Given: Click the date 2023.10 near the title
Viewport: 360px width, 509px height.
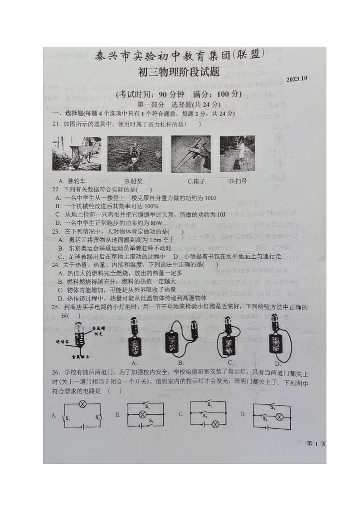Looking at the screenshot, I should pos(297,78).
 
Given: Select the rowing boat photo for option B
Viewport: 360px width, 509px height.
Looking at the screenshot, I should pos(134,154).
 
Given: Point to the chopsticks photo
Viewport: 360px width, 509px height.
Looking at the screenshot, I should pos(190,153).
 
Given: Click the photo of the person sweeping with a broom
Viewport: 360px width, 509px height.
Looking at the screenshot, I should pos(237,153).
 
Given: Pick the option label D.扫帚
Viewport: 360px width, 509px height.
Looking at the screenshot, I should pos(238,181).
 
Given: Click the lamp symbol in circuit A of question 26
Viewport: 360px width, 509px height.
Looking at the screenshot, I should pos(83,403).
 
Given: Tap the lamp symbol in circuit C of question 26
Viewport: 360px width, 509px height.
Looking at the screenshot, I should pos(216,424).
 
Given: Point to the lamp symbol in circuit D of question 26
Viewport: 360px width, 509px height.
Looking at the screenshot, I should pos(279,417).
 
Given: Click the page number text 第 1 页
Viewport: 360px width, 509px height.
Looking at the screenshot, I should pos(316,443).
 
